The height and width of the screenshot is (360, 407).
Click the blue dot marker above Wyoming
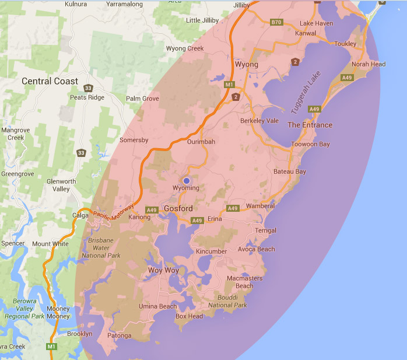coord(187,181)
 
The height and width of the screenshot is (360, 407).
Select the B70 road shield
coord(276,22)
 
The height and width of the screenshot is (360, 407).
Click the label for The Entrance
coord(310,125)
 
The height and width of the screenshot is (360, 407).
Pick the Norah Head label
coord(369,64)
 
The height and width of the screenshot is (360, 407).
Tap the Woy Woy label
coord(163,271)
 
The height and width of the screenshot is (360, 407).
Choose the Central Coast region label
coord(50,81)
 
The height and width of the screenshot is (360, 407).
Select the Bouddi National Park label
coord(228,301)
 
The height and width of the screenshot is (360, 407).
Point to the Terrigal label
coord(266,230)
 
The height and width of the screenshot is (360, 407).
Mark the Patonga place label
coord(120,335)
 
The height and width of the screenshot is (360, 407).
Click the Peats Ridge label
coord(87,97)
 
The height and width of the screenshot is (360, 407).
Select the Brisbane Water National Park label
coord(101,248)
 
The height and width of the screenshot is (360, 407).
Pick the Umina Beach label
coord(157,306)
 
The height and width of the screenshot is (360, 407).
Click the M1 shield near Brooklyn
coord(52,347)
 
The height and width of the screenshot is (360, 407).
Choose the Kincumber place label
coord(211,251)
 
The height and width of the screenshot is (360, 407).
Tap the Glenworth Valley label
coord(61,185)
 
